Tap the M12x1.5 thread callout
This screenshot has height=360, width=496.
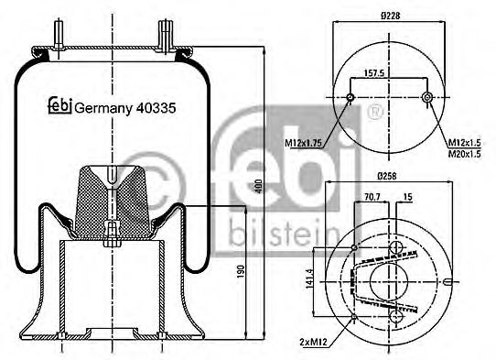(x=465, y=143)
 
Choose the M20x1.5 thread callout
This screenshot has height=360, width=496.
(x=465, y=154)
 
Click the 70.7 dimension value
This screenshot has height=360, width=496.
(x=372, y=196)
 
